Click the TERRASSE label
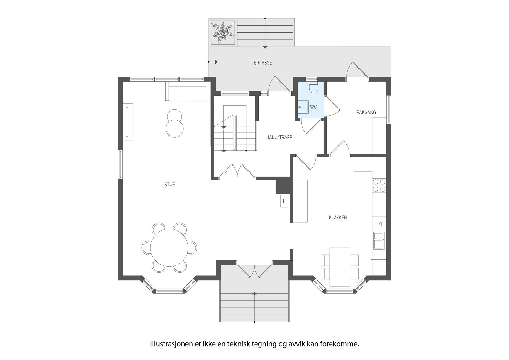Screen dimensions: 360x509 (261, 63)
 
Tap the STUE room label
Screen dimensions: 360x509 (170, 185)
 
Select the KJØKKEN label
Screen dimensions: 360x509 (338, 218)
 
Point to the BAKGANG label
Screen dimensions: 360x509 (366, 112)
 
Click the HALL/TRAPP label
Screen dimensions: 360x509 (279, 138)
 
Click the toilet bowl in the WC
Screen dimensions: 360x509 (313, 88)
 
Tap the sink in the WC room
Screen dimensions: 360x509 (303, 107)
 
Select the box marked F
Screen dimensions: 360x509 (284, 201)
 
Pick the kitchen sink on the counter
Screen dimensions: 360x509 (379, 240)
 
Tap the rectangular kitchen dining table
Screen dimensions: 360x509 (339, 267)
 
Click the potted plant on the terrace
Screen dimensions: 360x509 (222, 32)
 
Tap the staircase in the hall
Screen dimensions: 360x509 (235, 133)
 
